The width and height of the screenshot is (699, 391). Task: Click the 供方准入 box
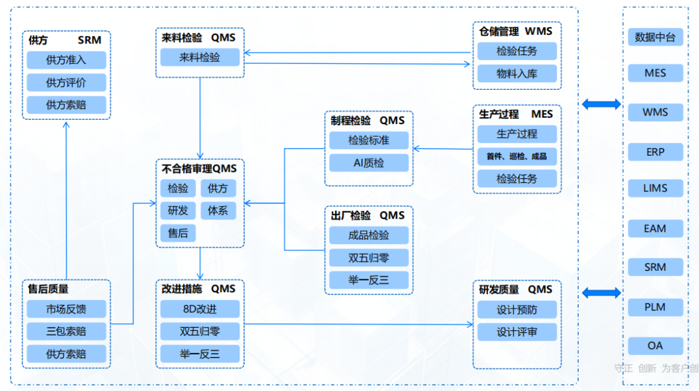point(66,61)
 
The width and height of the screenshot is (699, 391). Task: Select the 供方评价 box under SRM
point(66,83)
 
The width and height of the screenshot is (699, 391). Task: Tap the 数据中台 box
point(655,37)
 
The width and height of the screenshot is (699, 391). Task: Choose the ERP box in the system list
point(655,153)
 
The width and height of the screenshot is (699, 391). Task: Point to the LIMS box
point(655,189)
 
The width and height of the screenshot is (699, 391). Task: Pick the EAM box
point(655,228)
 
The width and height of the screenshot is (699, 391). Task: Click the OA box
point(655,346)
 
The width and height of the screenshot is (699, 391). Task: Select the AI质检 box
point(369,163)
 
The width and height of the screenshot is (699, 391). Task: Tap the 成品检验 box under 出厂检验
point(369,235)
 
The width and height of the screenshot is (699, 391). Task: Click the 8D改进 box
point(200,310)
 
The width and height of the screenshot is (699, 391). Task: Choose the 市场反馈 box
point(66,310)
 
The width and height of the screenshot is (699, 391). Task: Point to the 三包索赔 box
point(66,332)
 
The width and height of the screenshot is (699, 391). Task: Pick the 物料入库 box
point(516,73)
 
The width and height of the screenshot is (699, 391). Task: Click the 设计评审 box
point(516,332)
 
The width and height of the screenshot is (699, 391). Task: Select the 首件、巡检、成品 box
point(516,156)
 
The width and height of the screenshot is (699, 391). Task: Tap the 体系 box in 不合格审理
point(218,211)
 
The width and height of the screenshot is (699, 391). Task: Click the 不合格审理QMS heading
point(199,169)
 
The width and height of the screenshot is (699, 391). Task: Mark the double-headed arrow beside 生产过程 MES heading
point(601,103)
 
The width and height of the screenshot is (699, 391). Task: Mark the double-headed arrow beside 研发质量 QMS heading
point(601,293)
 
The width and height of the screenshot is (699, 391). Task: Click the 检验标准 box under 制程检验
point(369,140)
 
